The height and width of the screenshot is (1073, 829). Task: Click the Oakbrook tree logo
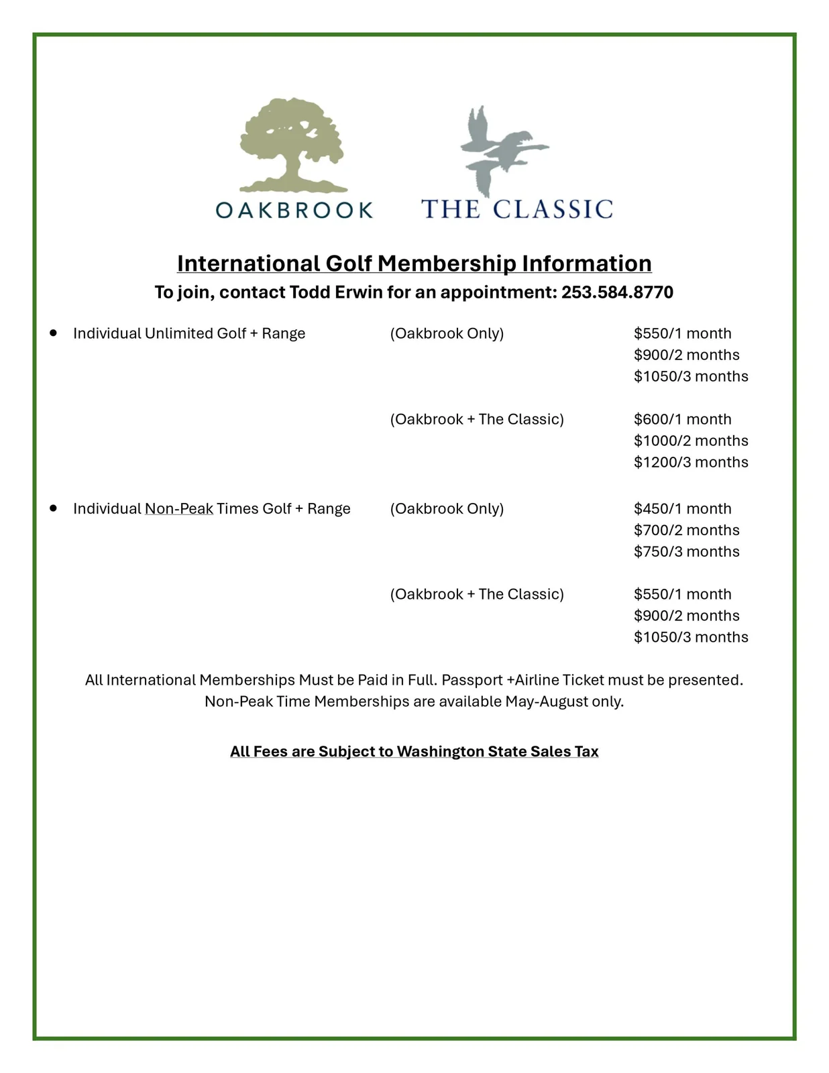click(292, 144)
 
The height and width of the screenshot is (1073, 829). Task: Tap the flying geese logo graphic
click(502, 149)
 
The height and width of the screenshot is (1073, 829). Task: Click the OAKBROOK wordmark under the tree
click(294, 211)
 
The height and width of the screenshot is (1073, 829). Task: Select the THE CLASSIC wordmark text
click(516, 209)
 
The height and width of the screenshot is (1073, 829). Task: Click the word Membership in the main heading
click(447, 264)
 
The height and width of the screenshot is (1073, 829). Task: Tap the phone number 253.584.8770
click(617, 292)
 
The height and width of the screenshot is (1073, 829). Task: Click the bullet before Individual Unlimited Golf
click(54, 333)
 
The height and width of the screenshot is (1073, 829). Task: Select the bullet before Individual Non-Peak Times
click(54, 508)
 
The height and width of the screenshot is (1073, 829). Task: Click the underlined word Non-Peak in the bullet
click(178, 508)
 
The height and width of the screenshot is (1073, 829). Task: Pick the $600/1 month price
click(682, 419)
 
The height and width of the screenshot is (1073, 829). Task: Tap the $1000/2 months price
click(691, 441)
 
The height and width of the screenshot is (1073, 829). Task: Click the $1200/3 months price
click(691, 462)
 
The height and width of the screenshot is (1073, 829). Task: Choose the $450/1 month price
click(682, 508)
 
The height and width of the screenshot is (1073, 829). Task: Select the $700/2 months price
click(686, 530)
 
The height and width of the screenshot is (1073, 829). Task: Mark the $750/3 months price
click(686, 551)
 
